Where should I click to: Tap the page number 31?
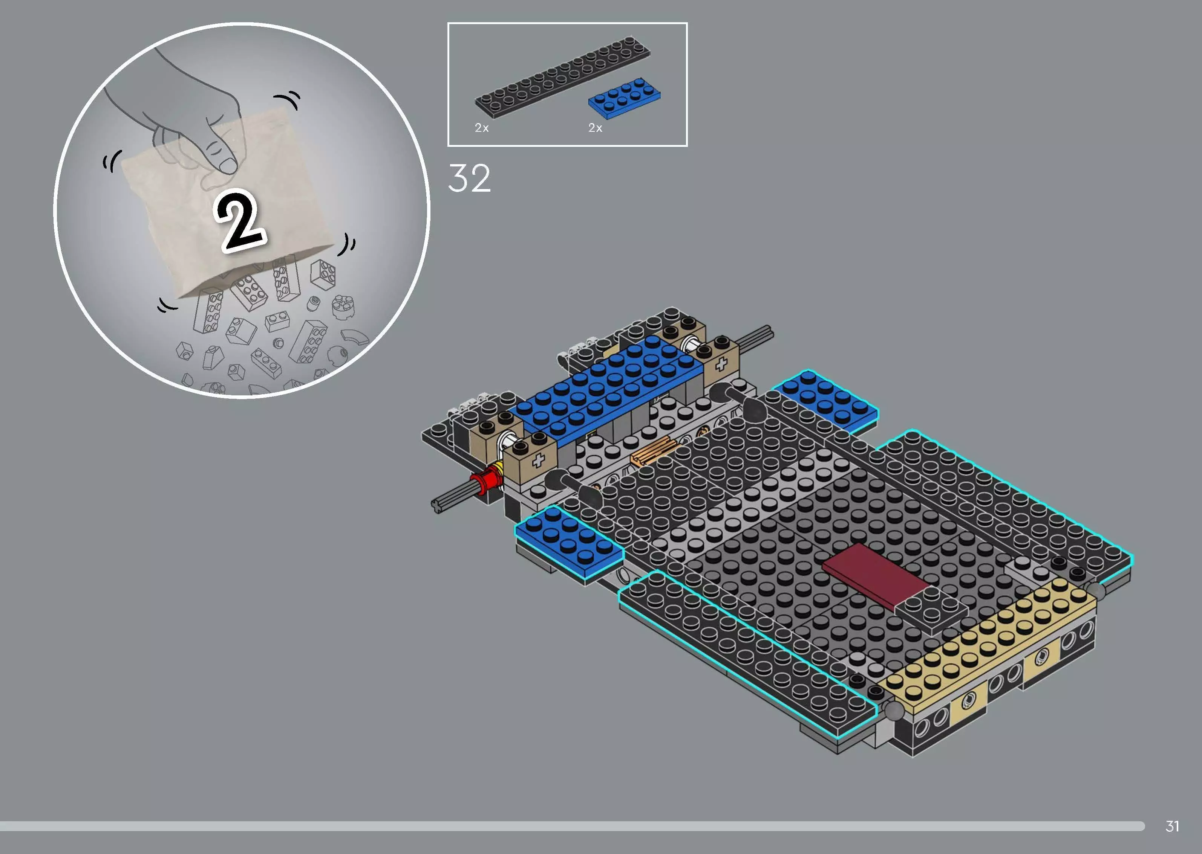(x=1172, y=826)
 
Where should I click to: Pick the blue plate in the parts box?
(x=624, y=98)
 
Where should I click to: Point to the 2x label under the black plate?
(x=482, y=128)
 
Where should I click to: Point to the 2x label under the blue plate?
(x=595, y=128)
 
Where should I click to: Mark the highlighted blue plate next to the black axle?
(x=825, y=398)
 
